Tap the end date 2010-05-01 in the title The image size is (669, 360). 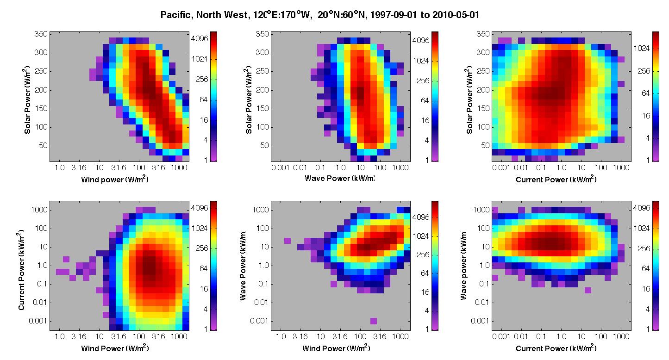point(456,15)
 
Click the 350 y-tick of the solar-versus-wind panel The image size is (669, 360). point(41,34)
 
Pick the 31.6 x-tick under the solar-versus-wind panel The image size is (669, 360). point(119,168)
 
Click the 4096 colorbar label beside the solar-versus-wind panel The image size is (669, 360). point(200,38)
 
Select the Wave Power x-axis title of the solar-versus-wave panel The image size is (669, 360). point(339,179)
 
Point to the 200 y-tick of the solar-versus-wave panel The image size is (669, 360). point(262,90)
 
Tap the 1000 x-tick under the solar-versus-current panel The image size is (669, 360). point(621,168)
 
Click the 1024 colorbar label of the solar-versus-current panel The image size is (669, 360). point(642,49)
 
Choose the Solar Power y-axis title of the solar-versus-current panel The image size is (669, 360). point(469,99)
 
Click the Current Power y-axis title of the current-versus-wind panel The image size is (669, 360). point(21,270)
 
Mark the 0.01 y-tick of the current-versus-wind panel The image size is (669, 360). point(40,302)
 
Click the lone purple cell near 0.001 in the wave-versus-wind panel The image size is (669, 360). point(373,321)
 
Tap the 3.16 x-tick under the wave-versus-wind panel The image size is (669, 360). point(300,337)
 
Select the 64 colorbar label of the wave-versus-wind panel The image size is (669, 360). point(425,273)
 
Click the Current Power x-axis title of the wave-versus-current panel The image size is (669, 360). point(556,348)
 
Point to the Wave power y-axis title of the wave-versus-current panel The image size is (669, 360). point(463,265)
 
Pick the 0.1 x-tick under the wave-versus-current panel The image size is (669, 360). point(541,337)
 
